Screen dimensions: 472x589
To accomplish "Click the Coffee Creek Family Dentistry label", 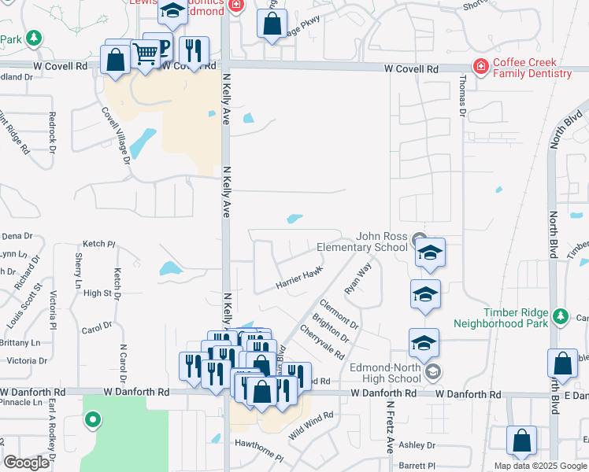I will coord(532,68).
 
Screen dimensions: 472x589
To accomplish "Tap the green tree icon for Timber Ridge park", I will coord(560,315).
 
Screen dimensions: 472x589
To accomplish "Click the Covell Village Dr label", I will coord(116,135).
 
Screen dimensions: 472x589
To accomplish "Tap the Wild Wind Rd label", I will coord(311,425).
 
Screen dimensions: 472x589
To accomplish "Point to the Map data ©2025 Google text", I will coord(540,466).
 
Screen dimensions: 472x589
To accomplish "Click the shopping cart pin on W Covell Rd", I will coord(145,55).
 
